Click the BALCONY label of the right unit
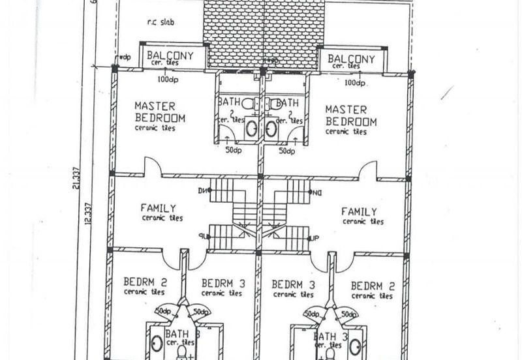tap(352, 59)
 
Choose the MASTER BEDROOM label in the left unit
tap(160, 112)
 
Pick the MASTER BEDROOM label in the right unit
tap(351, 116)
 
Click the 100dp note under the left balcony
tap(169, 80)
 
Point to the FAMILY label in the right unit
tap(359, 211)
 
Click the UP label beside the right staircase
tap(315, 238)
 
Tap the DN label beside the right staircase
tap(318, 192)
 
